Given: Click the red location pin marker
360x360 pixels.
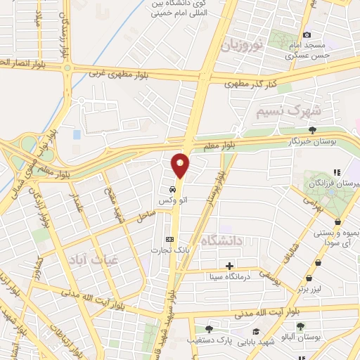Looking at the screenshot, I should (181, 165).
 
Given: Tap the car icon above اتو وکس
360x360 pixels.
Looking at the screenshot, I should (172, 190).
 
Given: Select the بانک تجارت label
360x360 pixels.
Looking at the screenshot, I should (166, 250).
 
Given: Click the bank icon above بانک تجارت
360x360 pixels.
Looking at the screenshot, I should (167, 238).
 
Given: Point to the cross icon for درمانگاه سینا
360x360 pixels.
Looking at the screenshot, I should (229, 266).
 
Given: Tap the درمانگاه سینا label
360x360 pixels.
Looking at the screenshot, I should (229, 276).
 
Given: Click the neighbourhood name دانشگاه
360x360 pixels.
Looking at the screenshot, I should (221, 241).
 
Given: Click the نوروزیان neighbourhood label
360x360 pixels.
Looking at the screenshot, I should (243, 46).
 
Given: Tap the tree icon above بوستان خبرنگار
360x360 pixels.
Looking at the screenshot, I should (312, 129).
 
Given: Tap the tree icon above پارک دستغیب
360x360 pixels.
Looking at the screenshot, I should (208, 328).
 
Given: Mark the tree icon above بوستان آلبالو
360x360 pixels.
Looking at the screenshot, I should (300, 326).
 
